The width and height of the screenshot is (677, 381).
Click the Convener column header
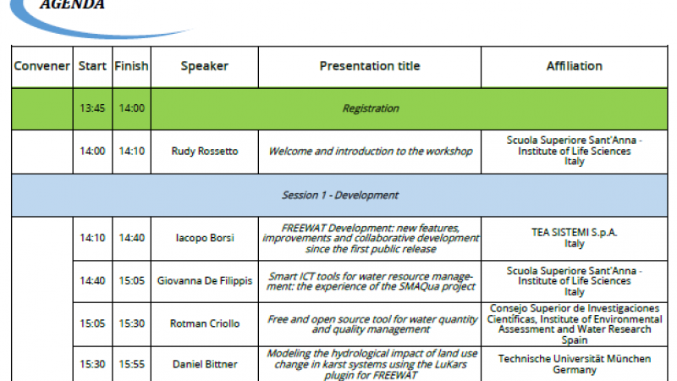tap(41, 66)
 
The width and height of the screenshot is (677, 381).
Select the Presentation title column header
tap(370, 66)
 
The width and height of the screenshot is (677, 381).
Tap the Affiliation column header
tap(575, 66)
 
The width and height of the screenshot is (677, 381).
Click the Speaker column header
tap(205, 67)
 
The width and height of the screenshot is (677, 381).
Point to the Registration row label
tap(371, 108)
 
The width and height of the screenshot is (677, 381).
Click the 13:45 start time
tap(92, 108)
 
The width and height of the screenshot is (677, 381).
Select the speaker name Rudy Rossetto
tap(205, 152)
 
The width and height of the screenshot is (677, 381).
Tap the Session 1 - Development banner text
tap(340, 196)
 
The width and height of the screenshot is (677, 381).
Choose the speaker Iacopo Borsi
tap(205, 238)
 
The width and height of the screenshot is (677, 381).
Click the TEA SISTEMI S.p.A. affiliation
tap(575, 232)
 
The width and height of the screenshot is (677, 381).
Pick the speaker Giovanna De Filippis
tap(205, 281)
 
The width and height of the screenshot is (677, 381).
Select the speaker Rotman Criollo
tap(205, 323)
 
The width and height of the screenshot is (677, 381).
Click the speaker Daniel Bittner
tap(205, 364)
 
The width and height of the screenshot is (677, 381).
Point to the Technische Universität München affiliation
tap(575, 358)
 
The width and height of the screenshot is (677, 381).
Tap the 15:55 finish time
tap(132, 364)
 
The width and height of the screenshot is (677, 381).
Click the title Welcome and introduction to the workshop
tap(371, 152)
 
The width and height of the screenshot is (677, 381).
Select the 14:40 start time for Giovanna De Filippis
tap(92, 281)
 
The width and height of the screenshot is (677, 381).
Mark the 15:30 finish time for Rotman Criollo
tap(132, 323)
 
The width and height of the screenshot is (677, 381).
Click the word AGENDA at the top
tap(72, 5)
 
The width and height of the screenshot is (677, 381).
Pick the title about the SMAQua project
tap(371, 281)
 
